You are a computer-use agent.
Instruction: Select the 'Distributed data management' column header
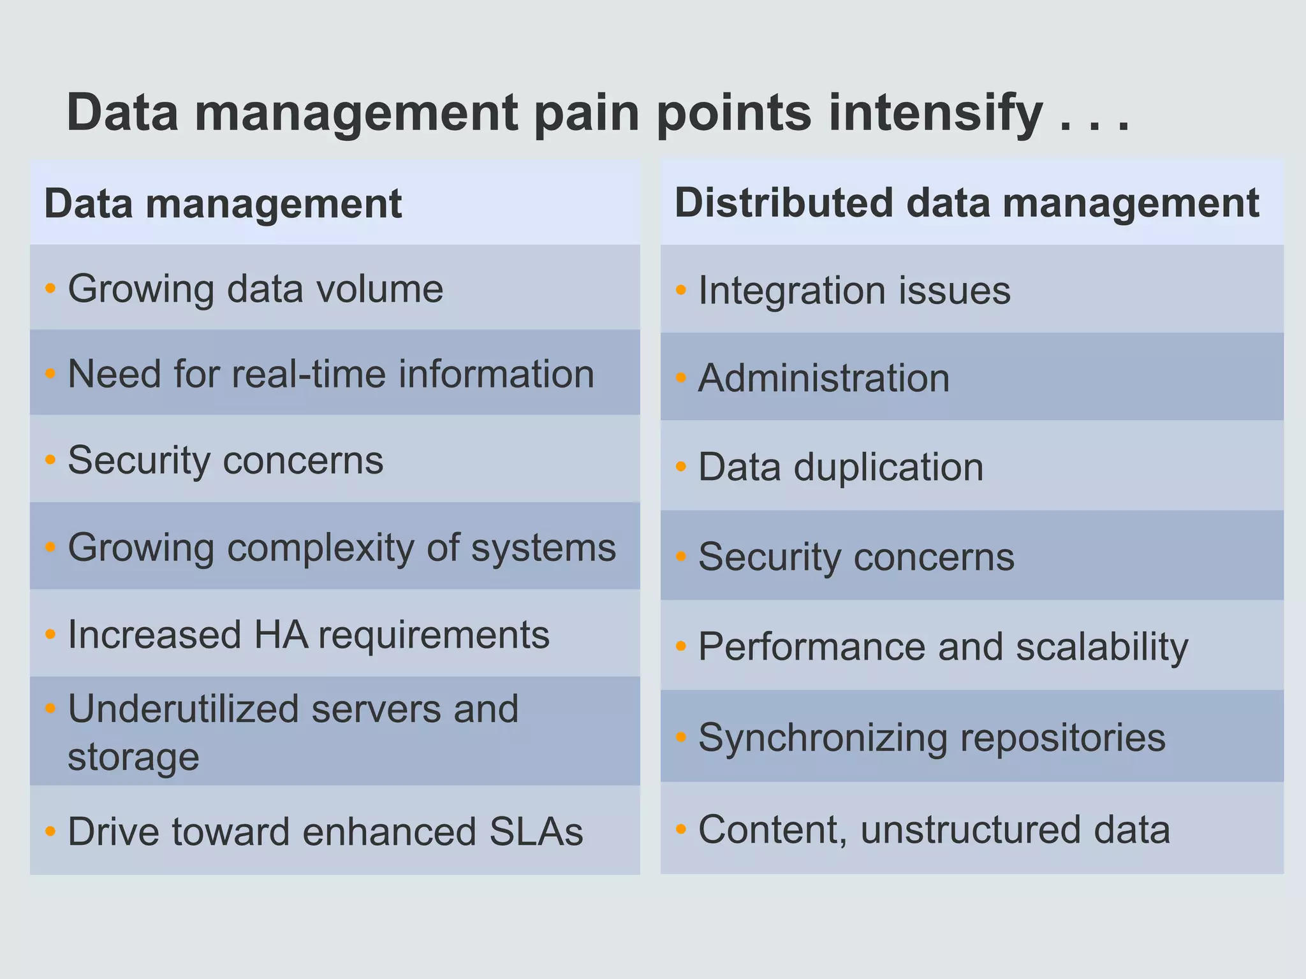(967, 203)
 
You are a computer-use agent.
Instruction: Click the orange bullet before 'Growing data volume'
(50, 289)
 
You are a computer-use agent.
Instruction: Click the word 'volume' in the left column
(380, 289)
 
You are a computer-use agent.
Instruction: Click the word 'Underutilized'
(183, 709)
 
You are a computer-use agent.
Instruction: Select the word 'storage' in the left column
(133, 757)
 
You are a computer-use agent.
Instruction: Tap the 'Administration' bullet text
(824, 378)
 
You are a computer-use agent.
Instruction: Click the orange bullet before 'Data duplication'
(681, 467)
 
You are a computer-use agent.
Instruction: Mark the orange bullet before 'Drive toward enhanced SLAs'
(50, 831)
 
